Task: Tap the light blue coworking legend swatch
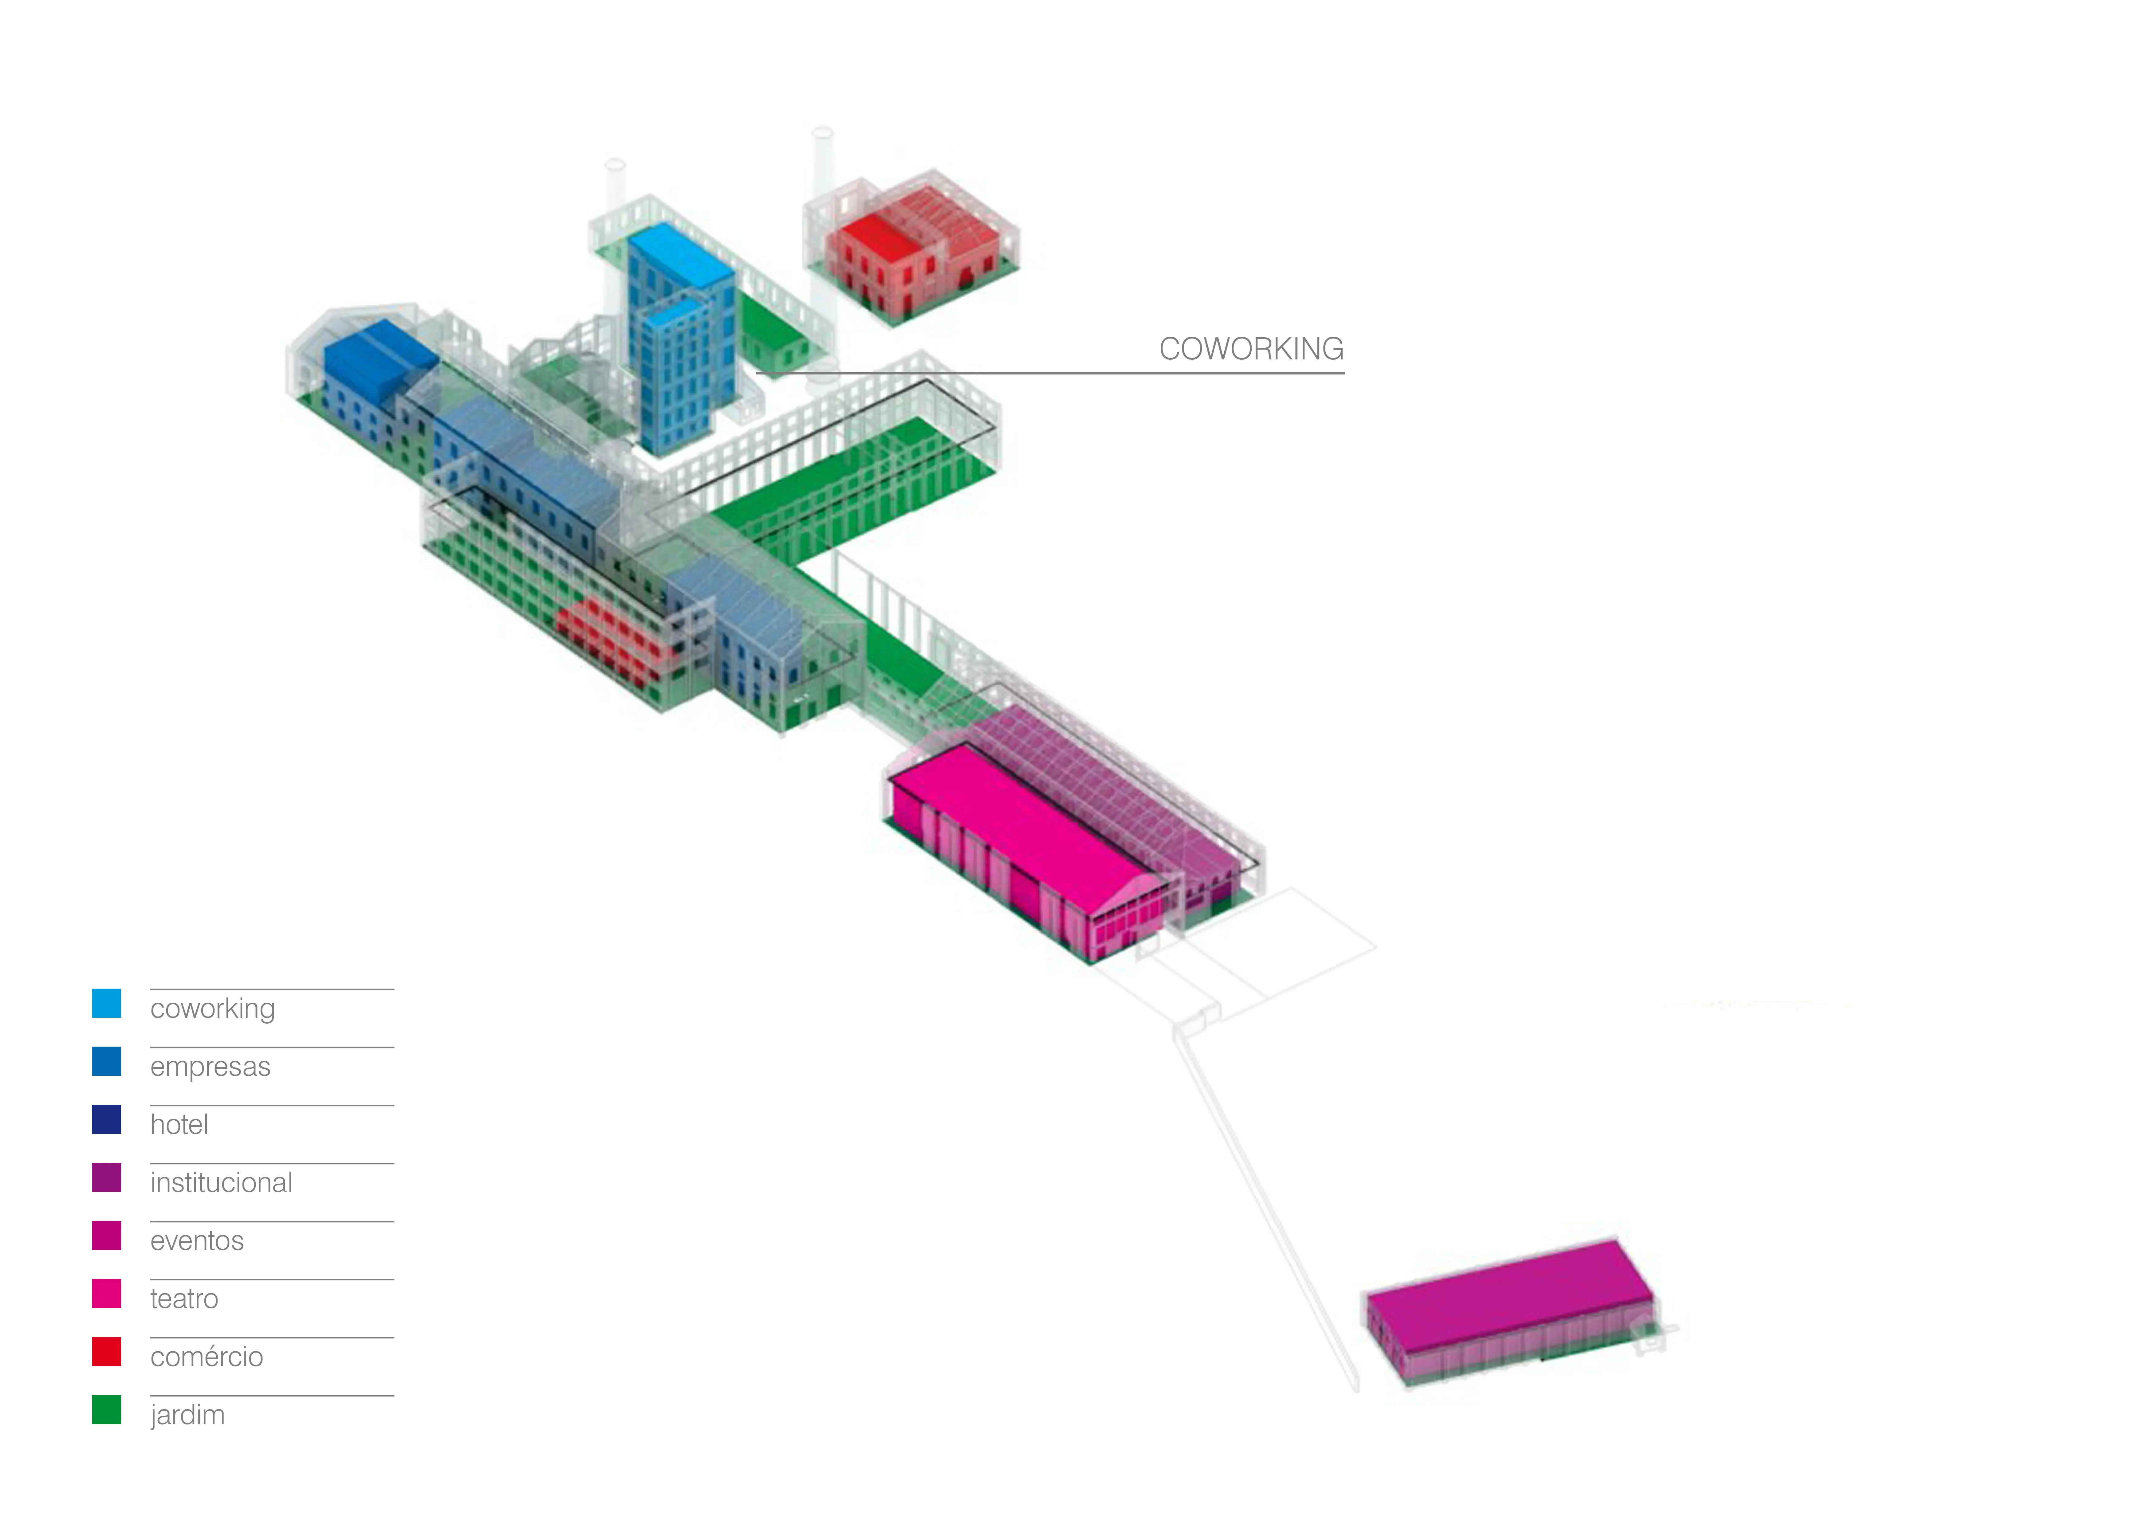point(106,1003)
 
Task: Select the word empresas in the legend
point(210,1067)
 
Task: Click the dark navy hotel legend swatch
point(106,1119)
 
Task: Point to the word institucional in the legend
point(222,1182)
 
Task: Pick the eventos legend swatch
point(106,1236)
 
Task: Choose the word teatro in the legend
point(184,1299)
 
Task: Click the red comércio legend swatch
point(106,1351)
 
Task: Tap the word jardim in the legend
point(188,1415)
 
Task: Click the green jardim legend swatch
point(106,1409)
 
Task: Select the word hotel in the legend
point(179,1124)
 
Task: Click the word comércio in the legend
point(207,1357)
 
